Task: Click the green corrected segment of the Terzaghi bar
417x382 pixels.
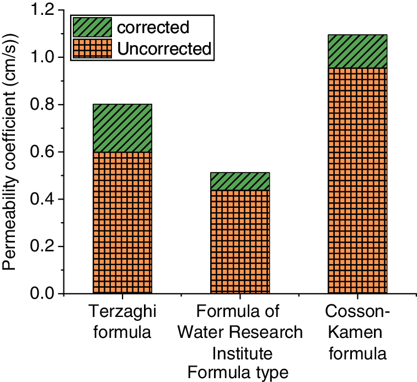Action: pos(122,128)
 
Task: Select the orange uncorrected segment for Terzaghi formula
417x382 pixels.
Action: pos(122,223)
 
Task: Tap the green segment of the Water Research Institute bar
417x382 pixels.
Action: pos(240,181)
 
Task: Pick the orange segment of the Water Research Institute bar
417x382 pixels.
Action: pos(240,241)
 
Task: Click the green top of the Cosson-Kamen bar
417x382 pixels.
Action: pos(357,51)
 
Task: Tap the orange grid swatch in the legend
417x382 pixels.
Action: pos(92,48)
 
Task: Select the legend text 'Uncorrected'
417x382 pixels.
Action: pos(164,49)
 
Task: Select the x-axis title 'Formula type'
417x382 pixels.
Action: pos(238,373)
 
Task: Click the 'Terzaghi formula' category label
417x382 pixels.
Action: pos(122,322)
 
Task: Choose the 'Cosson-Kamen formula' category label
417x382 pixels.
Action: pos(357,332)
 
